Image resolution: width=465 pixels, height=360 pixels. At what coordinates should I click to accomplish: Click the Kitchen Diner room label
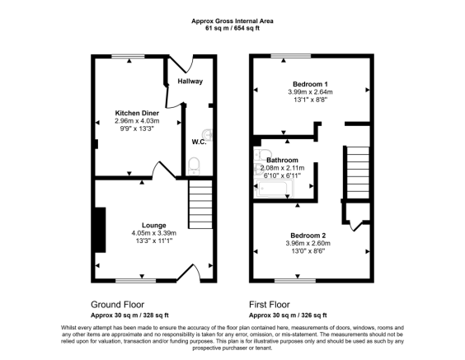(137, 112)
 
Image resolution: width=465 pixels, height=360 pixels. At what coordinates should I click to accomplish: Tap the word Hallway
(190, 82)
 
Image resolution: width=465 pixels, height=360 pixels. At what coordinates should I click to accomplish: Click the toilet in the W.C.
(194, 167)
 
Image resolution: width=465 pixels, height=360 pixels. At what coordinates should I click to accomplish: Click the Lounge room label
(154, 225)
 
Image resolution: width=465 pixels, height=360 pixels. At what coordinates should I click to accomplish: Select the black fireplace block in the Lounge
(100, 230)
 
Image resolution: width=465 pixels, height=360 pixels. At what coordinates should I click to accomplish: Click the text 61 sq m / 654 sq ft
(232, 29)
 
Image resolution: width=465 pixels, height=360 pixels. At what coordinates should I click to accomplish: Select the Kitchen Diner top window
(128, 55)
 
